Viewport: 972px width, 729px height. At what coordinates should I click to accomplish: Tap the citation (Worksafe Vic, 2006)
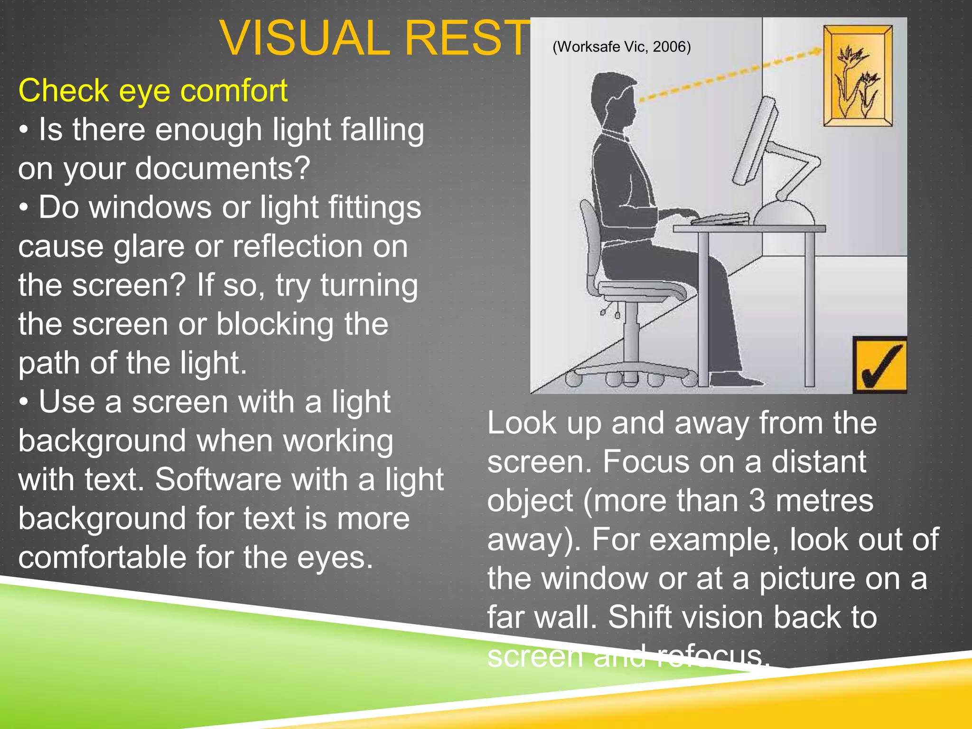tap(621, 47)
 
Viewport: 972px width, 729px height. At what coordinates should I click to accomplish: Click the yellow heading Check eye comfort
tap(153, 90)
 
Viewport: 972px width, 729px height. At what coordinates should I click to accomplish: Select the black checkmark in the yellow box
tap(881, 366)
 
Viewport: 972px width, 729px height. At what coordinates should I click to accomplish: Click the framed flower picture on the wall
tap(858, 76)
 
